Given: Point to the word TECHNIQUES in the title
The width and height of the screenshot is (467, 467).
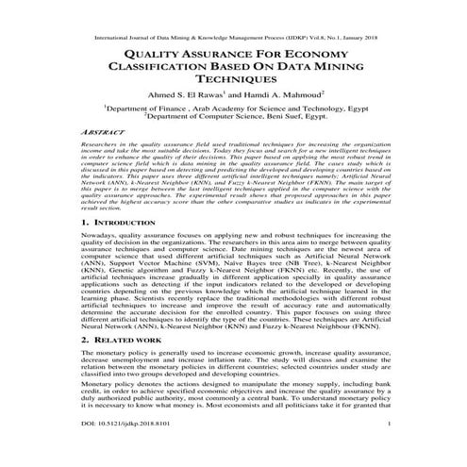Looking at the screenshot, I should click(x=233, y=85).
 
